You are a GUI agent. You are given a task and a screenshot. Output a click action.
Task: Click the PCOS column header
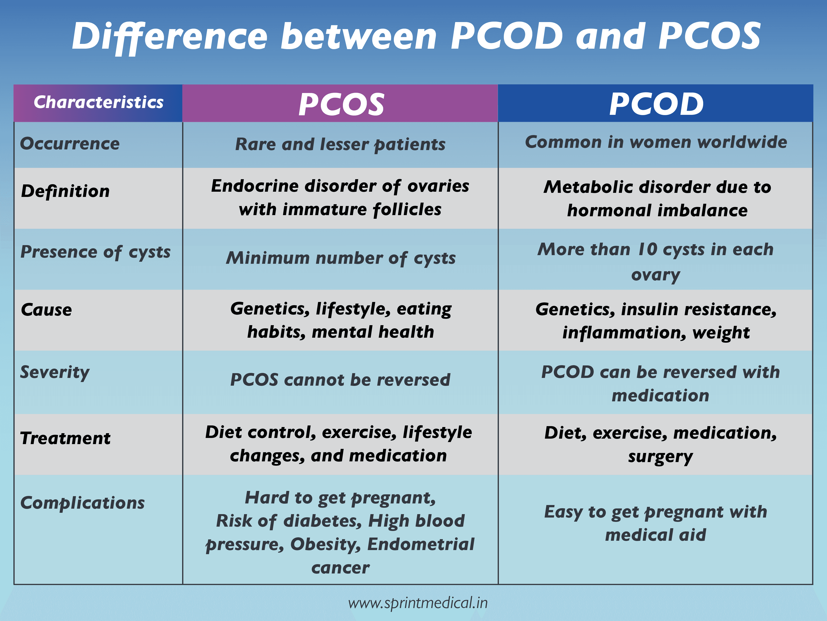tap(341, 104)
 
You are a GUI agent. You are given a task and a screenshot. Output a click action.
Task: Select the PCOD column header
tap(656, 104)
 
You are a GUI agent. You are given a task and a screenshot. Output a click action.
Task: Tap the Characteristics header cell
tap(98, 102)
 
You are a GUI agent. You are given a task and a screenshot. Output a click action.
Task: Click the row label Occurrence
tap(70, 143)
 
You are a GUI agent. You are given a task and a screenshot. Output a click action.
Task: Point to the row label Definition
tap(65, 191)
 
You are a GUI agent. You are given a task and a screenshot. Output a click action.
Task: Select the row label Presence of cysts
tap(95, 252)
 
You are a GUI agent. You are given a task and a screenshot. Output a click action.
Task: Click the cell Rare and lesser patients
tap(340, 145)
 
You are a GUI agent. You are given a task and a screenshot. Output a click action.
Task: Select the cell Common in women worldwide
tap(656, 142)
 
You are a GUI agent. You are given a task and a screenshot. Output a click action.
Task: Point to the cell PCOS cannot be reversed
tap(340, 380)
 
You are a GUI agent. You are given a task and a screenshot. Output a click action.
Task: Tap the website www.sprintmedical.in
tap(418, 603)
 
